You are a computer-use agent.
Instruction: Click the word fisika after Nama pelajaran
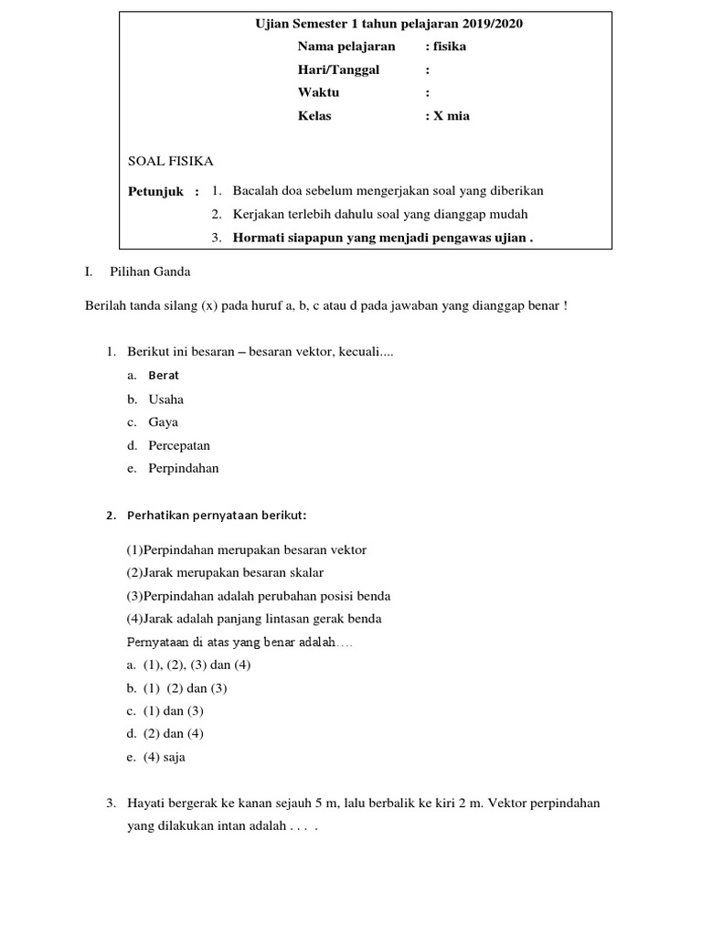point(449,47)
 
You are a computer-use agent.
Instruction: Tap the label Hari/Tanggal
point(337,69)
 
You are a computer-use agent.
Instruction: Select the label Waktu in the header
point(318,92)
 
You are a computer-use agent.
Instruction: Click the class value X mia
point(452,116)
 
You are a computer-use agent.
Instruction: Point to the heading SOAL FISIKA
point(171,162)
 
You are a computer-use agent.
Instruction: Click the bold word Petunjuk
point(156,192)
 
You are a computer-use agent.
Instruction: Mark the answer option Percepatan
point(179,446)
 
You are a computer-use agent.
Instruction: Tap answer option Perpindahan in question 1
point(183,469)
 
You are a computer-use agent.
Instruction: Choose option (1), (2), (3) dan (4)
point(197,665)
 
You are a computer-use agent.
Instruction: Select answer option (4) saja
point(164,757)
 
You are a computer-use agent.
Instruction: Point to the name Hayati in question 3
point(147,803)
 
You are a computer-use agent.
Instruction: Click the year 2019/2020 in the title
point(491,24)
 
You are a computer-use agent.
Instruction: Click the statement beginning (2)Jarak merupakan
point(225,572)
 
